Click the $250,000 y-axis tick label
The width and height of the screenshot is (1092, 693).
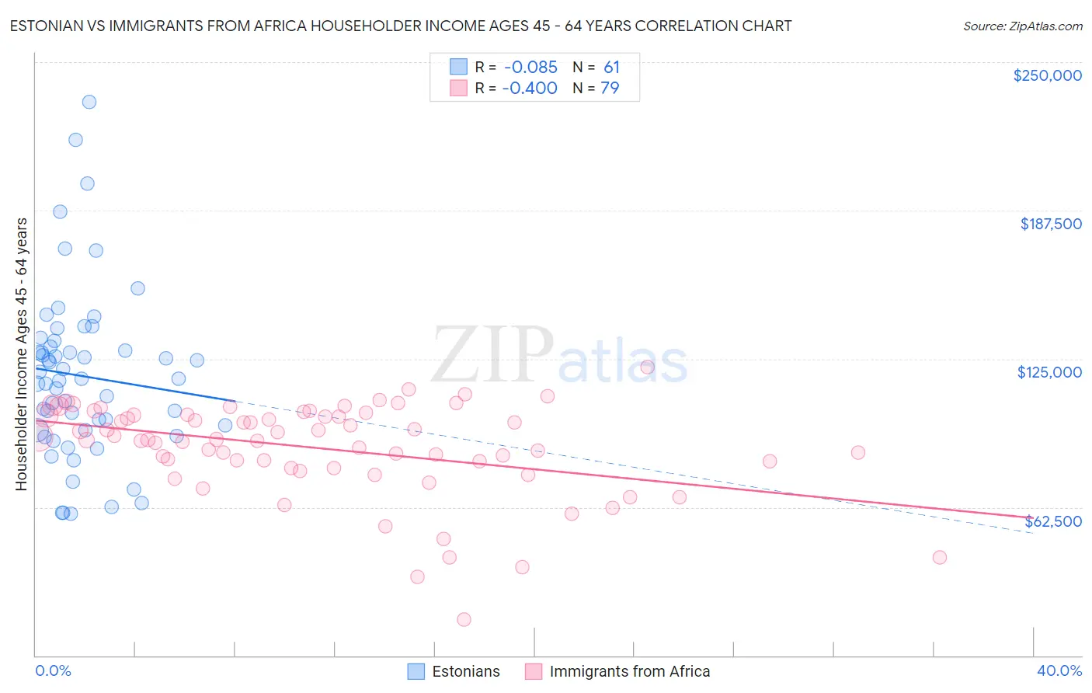pos(1047,75)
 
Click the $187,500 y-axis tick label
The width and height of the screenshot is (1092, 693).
pos(1050,224)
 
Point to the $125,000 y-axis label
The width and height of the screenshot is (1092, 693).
pos(1049,372)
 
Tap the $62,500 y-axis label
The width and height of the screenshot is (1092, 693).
pos(1053,521)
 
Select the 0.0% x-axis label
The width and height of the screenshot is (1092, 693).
pos(53,670)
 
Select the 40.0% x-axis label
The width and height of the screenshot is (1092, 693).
pos(1059,670)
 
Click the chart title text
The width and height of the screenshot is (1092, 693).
pos(401,26)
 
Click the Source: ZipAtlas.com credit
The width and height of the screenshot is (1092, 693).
pos(1022,26)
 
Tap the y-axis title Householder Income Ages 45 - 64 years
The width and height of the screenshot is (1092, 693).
pos(22,353)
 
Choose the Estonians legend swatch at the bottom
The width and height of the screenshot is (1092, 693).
pos(416,671)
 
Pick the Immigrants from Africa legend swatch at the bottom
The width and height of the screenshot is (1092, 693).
pos(534,671)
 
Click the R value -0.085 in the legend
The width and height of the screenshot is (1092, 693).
pos(530,68)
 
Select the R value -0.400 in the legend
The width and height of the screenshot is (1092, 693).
pos(530,89)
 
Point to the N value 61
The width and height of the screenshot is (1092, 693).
pos(611,68)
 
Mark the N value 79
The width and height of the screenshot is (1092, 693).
pos(610,89)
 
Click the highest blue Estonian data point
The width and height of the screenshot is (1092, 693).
pos(89,102)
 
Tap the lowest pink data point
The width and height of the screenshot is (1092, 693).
pos(464,619)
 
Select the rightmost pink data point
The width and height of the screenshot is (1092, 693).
pos(939,557)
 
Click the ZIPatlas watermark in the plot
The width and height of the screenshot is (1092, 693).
pos(560,357)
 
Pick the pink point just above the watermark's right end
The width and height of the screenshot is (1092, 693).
pos(648,367)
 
